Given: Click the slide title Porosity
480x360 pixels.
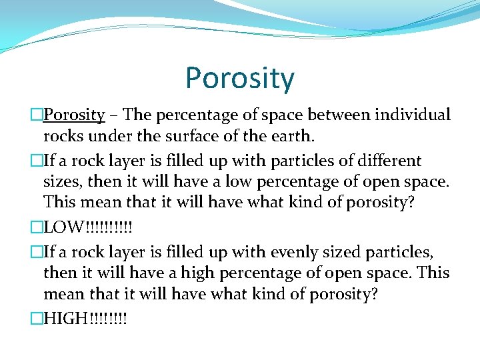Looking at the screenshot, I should tap(239, 79).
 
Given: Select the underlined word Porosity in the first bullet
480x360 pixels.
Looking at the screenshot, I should tap(74, 115).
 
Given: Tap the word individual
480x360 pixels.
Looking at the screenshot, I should tap(413, 115).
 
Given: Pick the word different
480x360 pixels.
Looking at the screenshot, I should tap(389, 161).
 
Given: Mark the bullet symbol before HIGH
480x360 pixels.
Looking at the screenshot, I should tap(37, 319).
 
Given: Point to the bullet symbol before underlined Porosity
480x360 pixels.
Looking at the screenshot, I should tap(37, 115).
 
